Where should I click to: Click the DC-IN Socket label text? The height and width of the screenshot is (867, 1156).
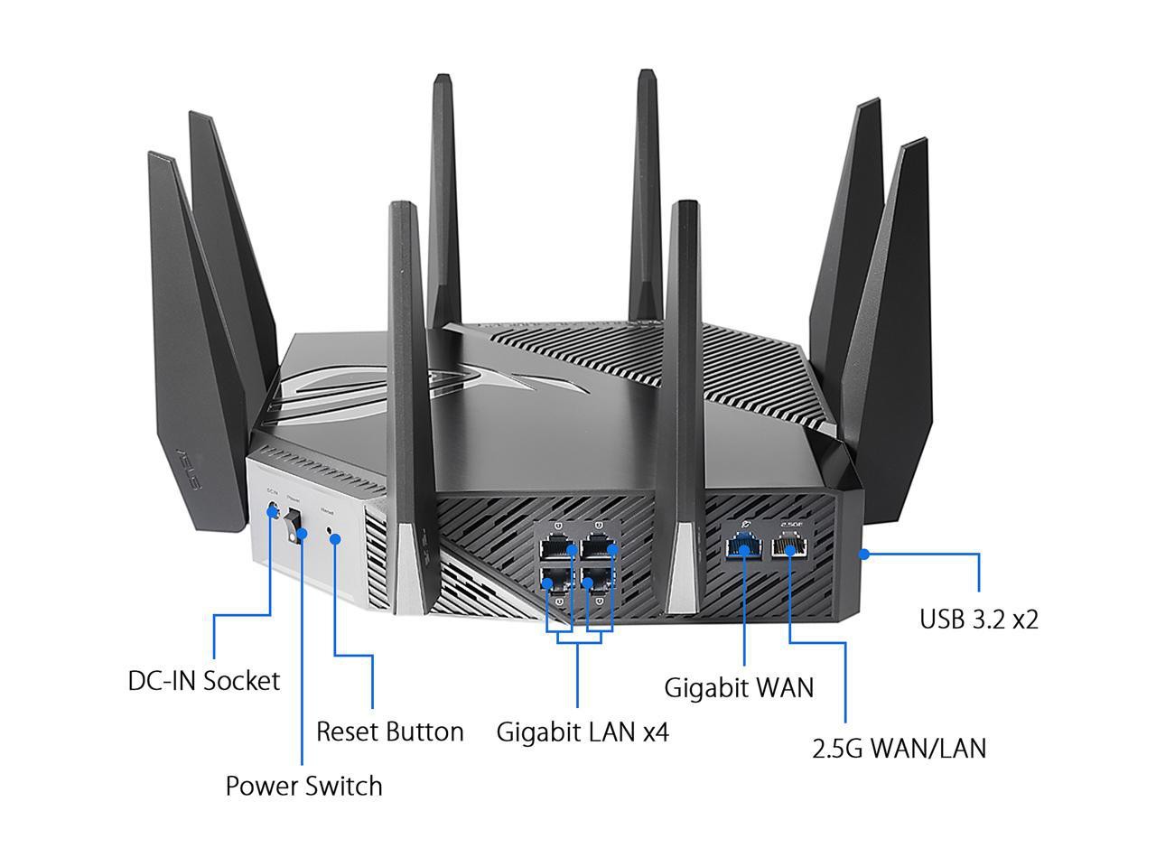click(204, 680)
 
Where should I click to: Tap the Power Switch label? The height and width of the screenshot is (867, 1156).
click(303, 786)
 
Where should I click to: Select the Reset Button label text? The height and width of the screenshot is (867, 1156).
click(390, 731)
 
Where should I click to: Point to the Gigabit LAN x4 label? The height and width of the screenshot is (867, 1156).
click(583, 731)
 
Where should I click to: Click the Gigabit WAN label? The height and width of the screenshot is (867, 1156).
click(739, 687)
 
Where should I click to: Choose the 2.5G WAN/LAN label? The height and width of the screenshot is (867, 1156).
click(899, 748)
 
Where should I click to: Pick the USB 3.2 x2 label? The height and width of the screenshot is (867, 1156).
click(979, 619)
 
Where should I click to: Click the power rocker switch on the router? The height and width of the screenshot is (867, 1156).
click(294, 526)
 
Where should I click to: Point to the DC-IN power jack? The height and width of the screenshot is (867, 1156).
click(272, 511)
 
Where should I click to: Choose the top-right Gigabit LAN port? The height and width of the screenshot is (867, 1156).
click(598, 546)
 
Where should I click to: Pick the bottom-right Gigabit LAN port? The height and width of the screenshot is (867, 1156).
click(598, 578)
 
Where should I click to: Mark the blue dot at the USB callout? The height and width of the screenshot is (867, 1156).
click(863, 554)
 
